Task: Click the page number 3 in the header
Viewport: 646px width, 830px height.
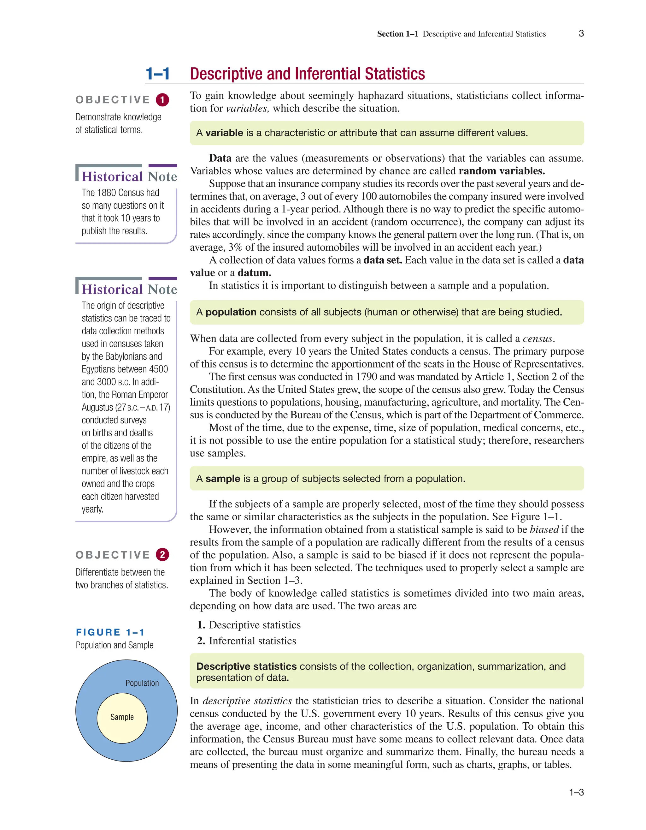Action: coord(581,33)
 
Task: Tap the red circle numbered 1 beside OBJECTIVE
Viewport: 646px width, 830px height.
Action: coord(162,100)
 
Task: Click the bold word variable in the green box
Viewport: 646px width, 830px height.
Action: coord(224,133)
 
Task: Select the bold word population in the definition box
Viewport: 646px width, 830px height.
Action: coord(231,312)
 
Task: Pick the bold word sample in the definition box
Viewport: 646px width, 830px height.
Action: coord(223,479)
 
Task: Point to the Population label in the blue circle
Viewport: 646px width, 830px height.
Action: coord(142,683)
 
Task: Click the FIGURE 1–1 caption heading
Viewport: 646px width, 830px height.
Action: coord(110,632)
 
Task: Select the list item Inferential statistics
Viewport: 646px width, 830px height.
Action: coord(252,641)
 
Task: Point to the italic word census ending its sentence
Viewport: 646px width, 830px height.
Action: coord(538,339)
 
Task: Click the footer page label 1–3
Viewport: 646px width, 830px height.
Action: coord(576,793)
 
